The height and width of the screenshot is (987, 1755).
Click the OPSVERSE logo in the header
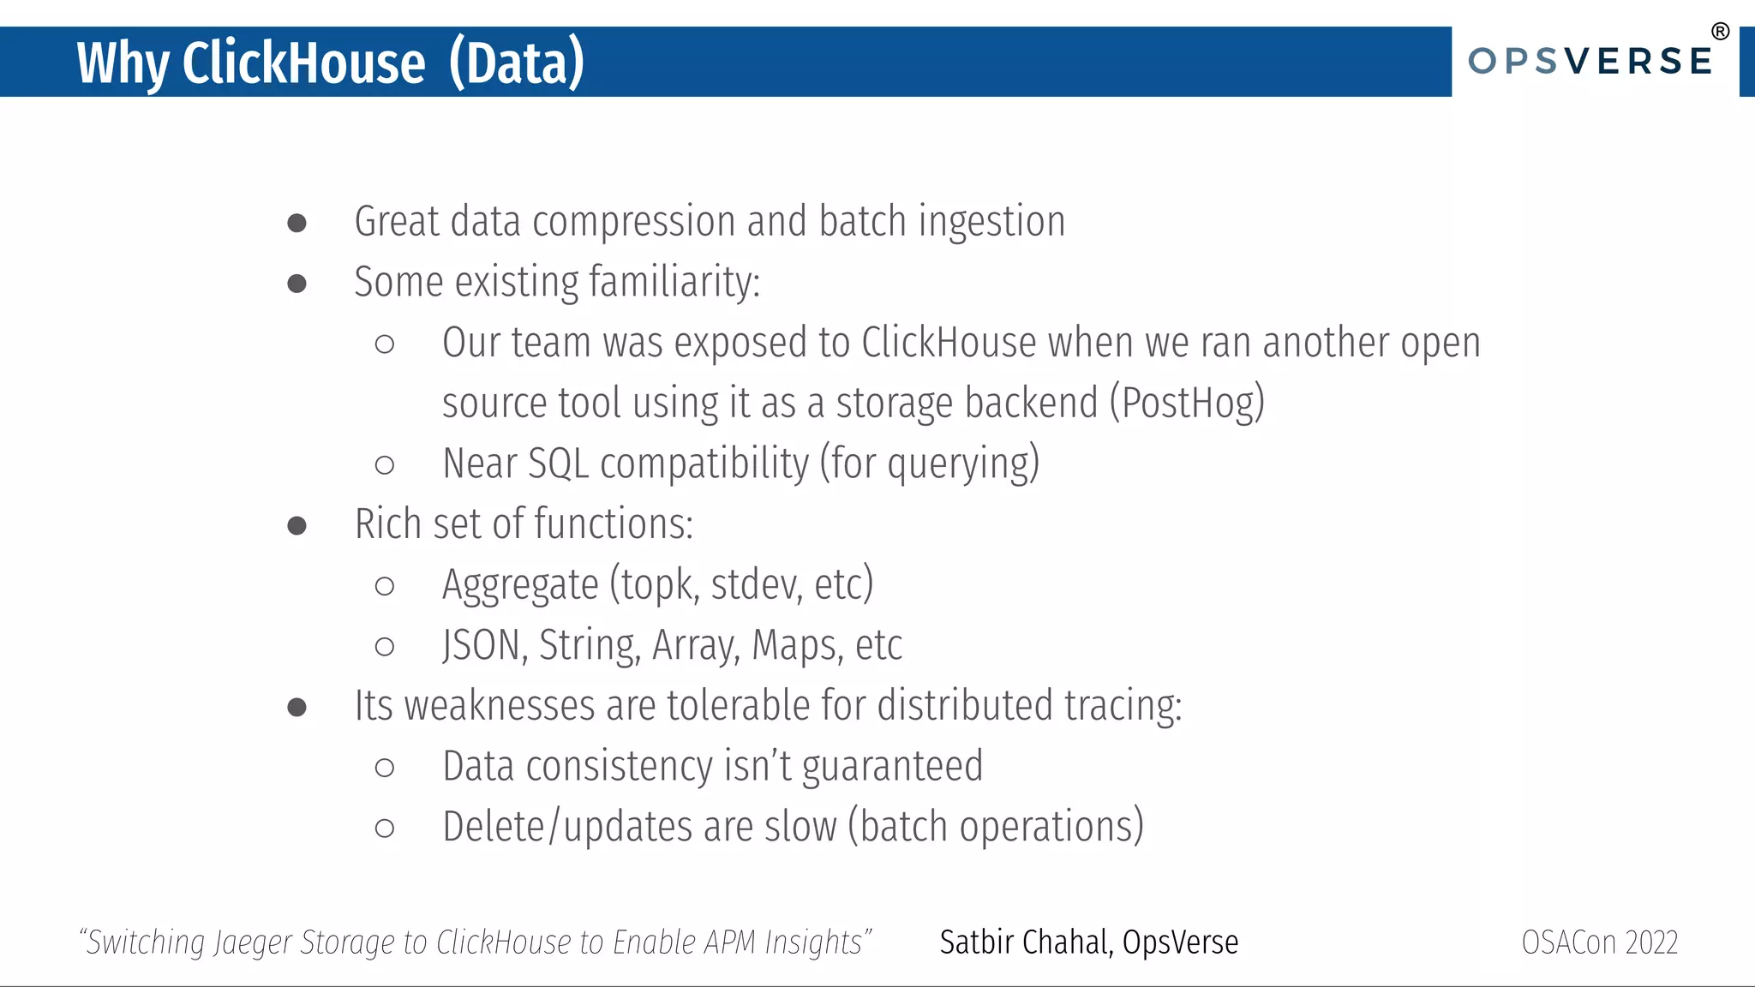coord(1590,62)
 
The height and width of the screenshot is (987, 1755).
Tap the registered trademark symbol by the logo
coord(1720,32)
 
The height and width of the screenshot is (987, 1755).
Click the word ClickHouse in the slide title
coord(303,63)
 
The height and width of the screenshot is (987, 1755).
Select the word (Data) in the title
coord(517,63)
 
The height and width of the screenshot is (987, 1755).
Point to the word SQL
coord(558,464)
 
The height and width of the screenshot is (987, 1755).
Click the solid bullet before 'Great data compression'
coord(296,224)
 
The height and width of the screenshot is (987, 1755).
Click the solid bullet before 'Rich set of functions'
coord(296,526)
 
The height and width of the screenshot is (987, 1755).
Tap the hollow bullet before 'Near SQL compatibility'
coord(384,465)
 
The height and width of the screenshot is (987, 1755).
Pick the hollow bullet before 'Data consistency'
coord(384,768)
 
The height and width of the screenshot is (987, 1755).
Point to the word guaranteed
coord(892,767)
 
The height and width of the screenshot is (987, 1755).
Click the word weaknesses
coord(500,707)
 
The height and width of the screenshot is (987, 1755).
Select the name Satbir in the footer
coord(977,942)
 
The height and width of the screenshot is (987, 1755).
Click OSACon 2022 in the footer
coord(1599,942)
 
